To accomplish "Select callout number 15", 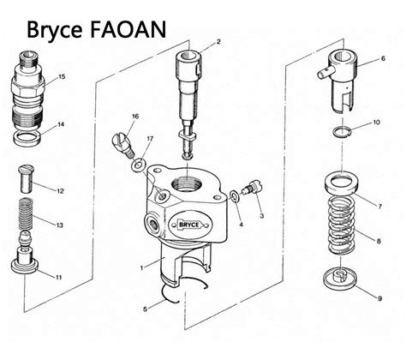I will click(x=62, y=77).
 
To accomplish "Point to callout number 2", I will click(x=218, y=41).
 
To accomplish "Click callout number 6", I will click(x=382, y=60).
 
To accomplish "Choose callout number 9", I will click(x=380, y=298).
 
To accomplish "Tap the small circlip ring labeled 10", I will click(x=341, y=130).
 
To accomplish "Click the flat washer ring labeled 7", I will click(x=344, y=185).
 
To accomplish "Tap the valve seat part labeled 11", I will click(x=27, y=261).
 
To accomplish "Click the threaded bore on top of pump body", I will click(x=188, y=182).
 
